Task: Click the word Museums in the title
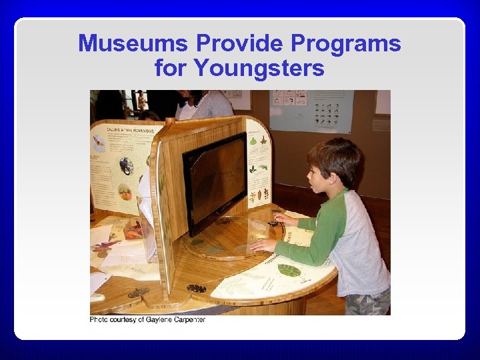coord(133,44)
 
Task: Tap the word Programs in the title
coord(351,44)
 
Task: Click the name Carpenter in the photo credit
coord(185,320)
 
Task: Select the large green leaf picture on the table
coord(289,270)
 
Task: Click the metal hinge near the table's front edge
coord(196,288)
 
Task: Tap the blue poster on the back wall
coord(311,111)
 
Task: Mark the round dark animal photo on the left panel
coord(126,166)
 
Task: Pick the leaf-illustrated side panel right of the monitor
coord(259,163)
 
